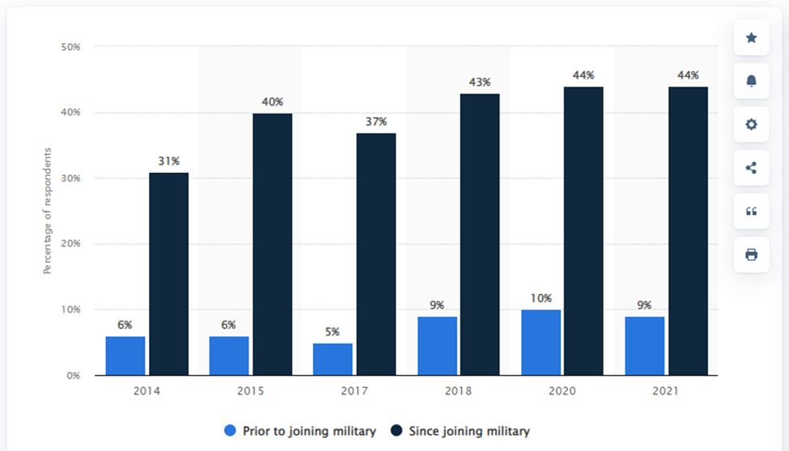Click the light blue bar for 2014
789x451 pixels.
click(x=125, y=356)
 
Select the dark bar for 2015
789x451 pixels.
click(x=272, y=244)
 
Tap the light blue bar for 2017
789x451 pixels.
click(x=333, y=360)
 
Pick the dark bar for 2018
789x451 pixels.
click(x=480, y=234)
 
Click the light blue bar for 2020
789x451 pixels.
click(x=541, y=343)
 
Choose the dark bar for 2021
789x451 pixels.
click(x=688, y=231)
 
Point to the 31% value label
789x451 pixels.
click(x=168, y=161)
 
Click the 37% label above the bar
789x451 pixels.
click(x=375, y=122)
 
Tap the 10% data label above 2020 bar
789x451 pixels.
click(x=541, y=298)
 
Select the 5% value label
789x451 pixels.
click(x=332, y=332)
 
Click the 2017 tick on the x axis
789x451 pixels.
click(x=354, y=390)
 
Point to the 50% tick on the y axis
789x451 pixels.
click(x=71, y=47)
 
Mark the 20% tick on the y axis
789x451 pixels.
click(x=71, y=243)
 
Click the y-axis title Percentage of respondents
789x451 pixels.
click(x=47, y=211)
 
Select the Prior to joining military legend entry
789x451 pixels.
click(x=300, y=431)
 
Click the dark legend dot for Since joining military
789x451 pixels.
click(x=397, y=430)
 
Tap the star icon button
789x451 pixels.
click(x=751, y=38)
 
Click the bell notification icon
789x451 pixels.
click(x=751, y=81)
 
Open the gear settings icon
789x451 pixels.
click(x=751, y=124)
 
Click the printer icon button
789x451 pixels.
click(x=751, y=255)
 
